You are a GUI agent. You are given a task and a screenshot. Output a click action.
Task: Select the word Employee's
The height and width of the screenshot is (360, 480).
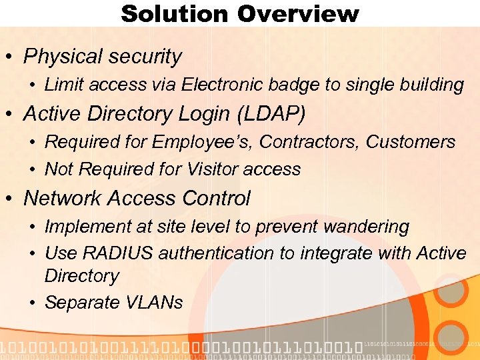203,142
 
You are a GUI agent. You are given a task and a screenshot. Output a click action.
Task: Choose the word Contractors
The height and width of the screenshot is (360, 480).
310,142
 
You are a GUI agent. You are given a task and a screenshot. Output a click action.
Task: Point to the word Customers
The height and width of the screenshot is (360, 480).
411,142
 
